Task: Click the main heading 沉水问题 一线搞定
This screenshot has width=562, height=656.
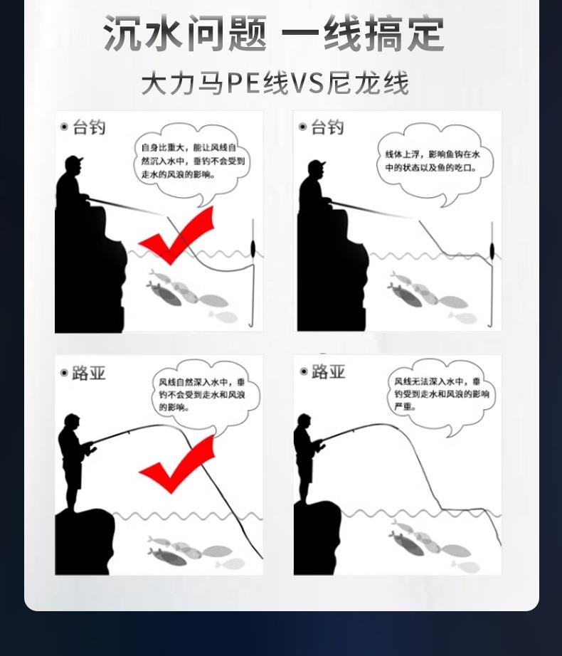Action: coord(274,33)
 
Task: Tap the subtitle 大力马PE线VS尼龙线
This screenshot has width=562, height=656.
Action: coord(275,83)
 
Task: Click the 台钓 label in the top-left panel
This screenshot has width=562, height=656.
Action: coord(89,127)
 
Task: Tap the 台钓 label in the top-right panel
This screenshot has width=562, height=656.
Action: coord(327,127)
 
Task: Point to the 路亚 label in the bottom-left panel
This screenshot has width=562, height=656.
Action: coord(89,373)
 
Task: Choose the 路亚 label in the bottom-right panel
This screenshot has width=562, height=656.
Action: coord(328,371)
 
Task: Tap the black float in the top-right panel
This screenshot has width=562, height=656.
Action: coord(492,250)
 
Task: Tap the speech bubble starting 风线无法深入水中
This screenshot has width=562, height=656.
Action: coord(442,396)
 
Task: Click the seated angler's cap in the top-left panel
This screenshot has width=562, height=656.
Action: coord(75,160)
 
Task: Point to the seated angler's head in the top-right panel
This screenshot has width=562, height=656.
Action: coord(317,169)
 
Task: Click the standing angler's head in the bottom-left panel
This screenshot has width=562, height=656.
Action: coord(72,421)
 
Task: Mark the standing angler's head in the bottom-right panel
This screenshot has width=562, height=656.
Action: coord(304,422)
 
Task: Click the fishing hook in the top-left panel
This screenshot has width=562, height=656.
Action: coord(252,322)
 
